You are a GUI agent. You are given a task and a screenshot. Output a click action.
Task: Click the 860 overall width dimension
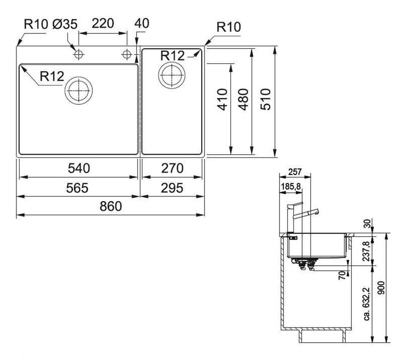click(111, 206)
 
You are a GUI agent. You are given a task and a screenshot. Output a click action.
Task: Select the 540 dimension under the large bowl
click(79, 168)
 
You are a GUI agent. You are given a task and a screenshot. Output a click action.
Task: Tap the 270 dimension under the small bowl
click(172, 168)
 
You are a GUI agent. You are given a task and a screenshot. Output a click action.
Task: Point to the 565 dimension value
click(77, 188)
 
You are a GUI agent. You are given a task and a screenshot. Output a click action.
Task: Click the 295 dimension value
click(172, 188)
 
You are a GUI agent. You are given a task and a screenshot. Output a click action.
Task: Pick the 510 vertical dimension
click(266, 99)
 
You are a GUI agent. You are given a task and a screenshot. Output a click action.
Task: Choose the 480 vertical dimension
click(243, 99)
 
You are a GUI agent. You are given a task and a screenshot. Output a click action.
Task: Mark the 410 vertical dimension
click(222, 99)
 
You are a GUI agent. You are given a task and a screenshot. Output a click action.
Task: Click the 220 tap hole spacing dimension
click(103, 23)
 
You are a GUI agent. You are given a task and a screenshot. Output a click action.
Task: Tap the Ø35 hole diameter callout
click(65, 24)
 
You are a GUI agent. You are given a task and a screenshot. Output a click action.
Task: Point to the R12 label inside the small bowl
click(173, 55)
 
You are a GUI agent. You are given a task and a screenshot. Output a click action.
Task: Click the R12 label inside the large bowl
click(52, 76)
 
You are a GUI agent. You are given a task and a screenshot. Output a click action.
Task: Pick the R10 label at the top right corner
click(229, 27)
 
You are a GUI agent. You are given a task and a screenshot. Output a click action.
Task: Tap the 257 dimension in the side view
click(295, 172)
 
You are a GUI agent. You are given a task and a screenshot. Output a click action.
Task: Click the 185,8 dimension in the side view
click(291, 187)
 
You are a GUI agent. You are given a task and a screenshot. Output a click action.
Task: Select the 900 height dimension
click(382, 288)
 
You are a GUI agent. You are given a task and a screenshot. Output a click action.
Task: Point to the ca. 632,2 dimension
click(367, 304)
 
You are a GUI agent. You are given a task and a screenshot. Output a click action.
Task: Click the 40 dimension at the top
click(142, 23)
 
